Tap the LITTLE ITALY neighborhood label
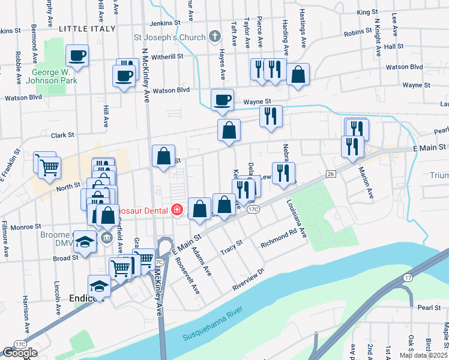[x=84, y=28]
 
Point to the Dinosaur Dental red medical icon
[x=176, y=209]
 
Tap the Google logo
[x=20, y=353]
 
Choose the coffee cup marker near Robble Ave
[x=77, y=56]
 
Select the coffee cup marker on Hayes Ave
[x=221, y=100]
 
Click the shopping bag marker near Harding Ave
[x=298, y=74]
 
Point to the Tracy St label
[x=231, y=248]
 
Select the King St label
[x=367, y=12]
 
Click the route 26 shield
[x=330, y=174]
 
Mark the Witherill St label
[x=167, y=56]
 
